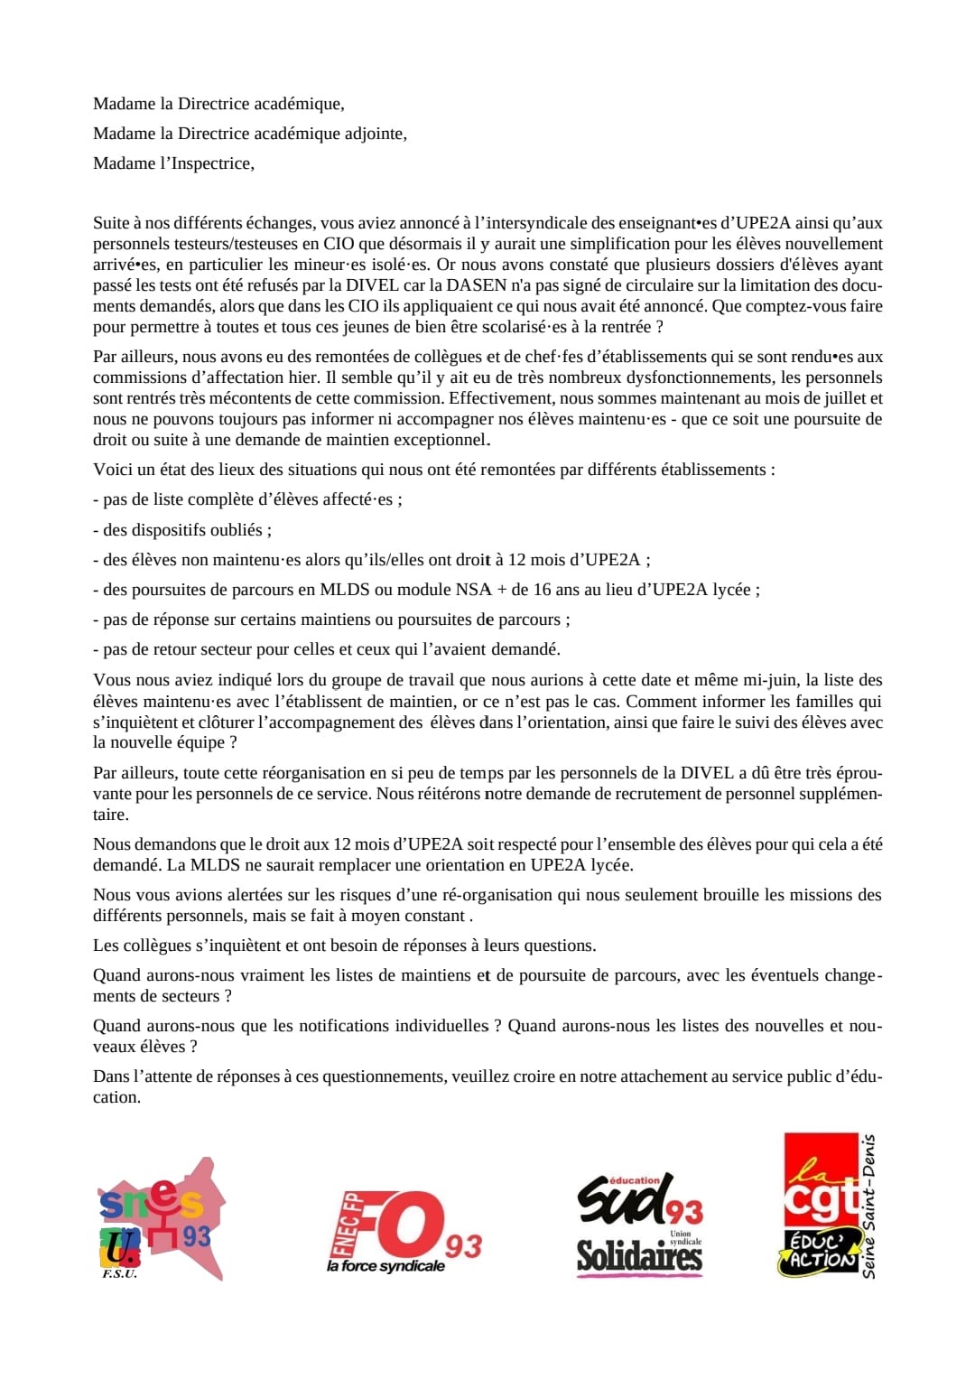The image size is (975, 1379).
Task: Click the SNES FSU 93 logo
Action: click(x=161, y=1219)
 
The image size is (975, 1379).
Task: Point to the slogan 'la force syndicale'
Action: click(x=385, y=1266)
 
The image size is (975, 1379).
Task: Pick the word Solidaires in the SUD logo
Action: click(x=639, y=1256)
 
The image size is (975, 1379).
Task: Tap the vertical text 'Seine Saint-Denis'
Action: click(x=868, y=1207)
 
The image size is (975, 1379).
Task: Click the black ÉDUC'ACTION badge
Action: click(x=818, y=1252)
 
